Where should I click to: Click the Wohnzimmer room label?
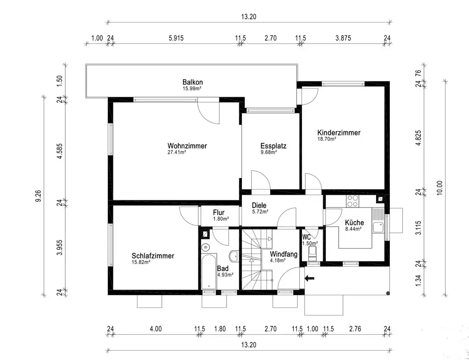187,146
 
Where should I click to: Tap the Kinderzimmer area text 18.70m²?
326,139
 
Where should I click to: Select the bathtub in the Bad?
209,272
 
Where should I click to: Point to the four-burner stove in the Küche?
353,201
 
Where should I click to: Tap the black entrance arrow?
310,279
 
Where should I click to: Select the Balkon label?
193,82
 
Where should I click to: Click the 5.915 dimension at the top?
176,38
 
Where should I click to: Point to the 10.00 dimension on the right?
439,188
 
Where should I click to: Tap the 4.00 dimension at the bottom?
156,329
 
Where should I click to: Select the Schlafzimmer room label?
153,256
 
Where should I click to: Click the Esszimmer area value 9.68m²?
269,152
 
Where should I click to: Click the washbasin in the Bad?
234,256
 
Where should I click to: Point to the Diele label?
259,206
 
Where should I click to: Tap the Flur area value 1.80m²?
221,219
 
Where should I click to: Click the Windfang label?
284,254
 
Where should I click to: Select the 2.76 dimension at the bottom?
355,329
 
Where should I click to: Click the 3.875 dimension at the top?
343,38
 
